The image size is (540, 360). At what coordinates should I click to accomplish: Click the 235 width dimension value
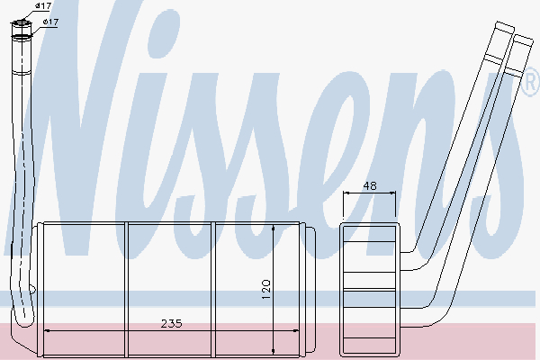coord(171,323)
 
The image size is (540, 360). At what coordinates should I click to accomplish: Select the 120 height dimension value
coord(266,289)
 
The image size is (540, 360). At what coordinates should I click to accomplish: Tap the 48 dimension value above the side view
coord(370,186)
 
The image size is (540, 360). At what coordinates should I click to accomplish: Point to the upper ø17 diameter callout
coord(43,6)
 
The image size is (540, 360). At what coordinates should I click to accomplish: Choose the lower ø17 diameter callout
coord(50,22)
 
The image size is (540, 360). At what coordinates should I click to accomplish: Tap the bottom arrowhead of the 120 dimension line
coord(273,351)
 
